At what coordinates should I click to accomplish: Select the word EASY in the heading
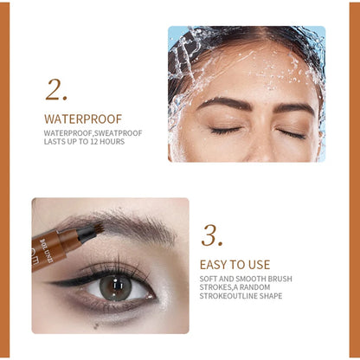(213, 265)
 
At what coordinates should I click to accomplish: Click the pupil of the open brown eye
(114, 286)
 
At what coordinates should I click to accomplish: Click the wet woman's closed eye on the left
(225, 131)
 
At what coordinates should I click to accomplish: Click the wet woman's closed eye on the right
(291, 133)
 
